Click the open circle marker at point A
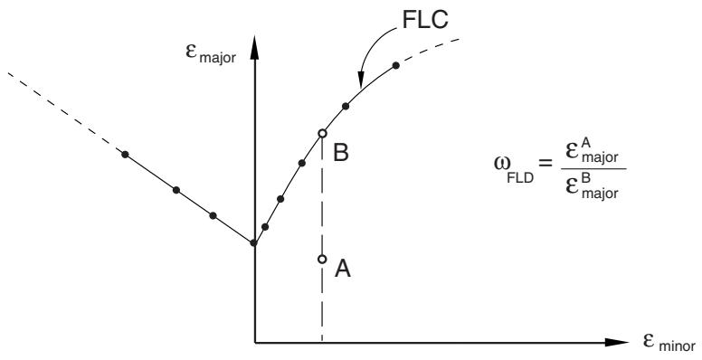pyautogui.click(x=322, y=259)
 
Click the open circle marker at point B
pyautogui.click(x=322, y=133)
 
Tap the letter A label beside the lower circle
pyautogui.click(x=343, y=270)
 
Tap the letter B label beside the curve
pyautogui.click(x=341, y=153)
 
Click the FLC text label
pyautogui.click(x=425, y=20)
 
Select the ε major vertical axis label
pyautogui.click(x=211, y=52)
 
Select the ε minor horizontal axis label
pyautogui.click(x=669, y=343)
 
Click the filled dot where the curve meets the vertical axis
pyautogui.click(x=253, y=242)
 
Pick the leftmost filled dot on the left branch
pyautogui.click(x=126, y=155)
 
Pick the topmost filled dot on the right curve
pyautogui.click(x=395, y=65)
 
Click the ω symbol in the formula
pyautogui.click(x=501, y=163)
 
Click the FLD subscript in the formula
pyautogui.click(x=520, y=179)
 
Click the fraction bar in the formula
pyautogui.click(x=593, y=169)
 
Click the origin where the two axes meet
pyautogui.click(x=255, y=343)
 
